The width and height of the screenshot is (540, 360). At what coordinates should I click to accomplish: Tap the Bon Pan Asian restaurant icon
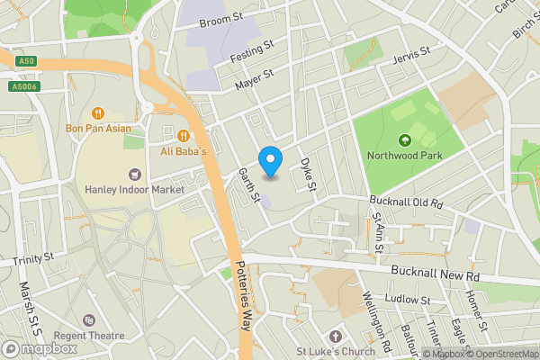click(98, 113)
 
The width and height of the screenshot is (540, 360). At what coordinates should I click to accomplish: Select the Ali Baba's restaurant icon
click(184, 135)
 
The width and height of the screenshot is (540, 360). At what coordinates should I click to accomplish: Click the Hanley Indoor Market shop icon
click(135, 174)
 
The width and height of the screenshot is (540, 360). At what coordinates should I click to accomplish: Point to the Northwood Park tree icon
click(404, 139)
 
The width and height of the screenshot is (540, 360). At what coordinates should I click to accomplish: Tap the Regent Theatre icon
click(88, 320)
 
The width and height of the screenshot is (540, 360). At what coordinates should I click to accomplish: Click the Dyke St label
click(307, 175)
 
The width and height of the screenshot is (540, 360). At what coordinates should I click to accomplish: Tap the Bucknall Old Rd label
click(408, 202)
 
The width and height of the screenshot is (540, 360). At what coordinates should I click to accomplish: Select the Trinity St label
click(34, 259)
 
